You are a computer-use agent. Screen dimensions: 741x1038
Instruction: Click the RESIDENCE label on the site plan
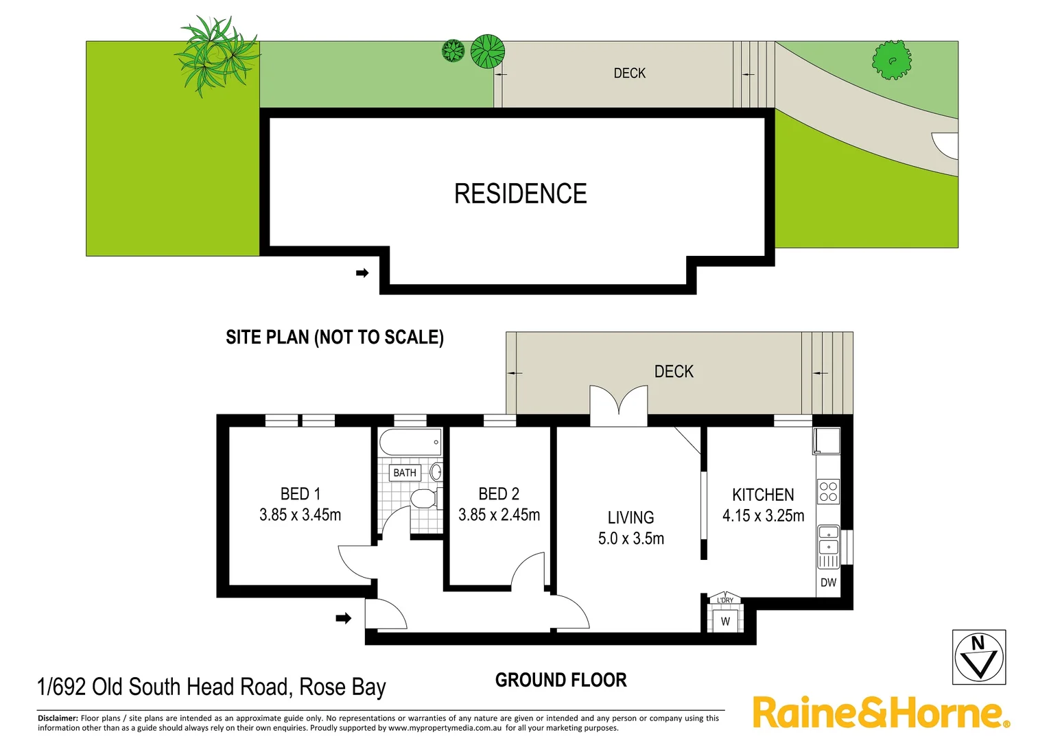pyautogui.click(x=520, y=194)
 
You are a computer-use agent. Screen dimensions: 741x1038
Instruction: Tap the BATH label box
pyautogui.click(x=405, y=473)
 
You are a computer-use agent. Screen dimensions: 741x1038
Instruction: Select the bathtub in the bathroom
pyautogui.click(x=410, y=443)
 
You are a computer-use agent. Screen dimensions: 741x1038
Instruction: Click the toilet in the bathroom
pyautogui.click(x=423, y=498)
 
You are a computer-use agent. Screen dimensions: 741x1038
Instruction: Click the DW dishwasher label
pyautogui.click(x=828, y=583)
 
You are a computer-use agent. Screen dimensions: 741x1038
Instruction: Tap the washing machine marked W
pyautogui.click(x=725, y=622)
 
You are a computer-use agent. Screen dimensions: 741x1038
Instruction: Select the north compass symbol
pyautogui.click(x=979, y=657)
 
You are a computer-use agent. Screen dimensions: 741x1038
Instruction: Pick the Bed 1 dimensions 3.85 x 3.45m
pyautogui.click(x=300, y=515)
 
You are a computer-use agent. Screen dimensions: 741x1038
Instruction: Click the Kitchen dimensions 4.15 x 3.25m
pyautogui.click(x=763, y=516)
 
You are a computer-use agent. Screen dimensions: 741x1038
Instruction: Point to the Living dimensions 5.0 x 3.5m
pyautogui.click(x=630, y=539)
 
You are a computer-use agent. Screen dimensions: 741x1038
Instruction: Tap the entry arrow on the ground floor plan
pyautogui.click(x=343, y=618)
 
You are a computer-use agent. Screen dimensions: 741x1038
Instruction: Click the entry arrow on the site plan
pyautogui.click(x=362, y=273)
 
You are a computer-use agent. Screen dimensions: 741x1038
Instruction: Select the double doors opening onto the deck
pyautogui.click(x=619, y=405)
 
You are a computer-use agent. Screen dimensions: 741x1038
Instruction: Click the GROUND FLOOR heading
pyautogui.click(x=561, y=680)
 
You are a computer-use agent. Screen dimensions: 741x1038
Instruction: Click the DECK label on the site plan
pyautogui.click(x=629, y=73)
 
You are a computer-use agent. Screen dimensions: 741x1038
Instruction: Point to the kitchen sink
pyautogui.click(x=828, y=539)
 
